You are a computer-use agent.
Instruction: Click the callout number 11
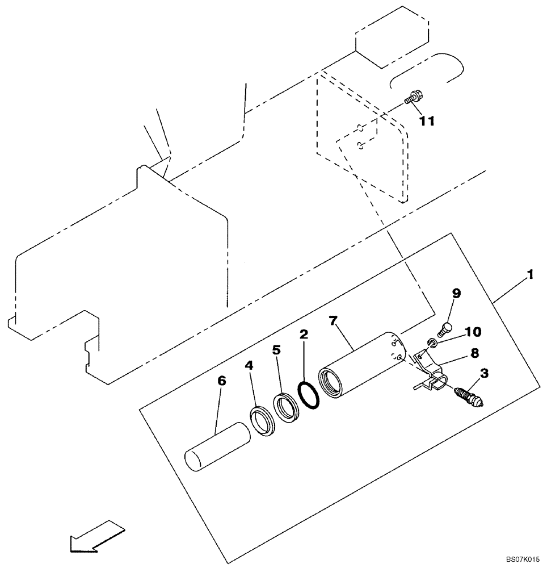coord(427,120)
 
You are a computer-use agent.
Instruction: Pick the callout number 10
coord(473,331)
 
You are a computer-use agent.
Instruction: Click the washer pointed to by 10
coord(432,343)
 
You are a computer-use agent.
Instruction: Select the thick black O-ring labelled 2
coord(310,394)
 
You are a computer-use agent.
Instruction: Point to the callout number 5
coord(276,350)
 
